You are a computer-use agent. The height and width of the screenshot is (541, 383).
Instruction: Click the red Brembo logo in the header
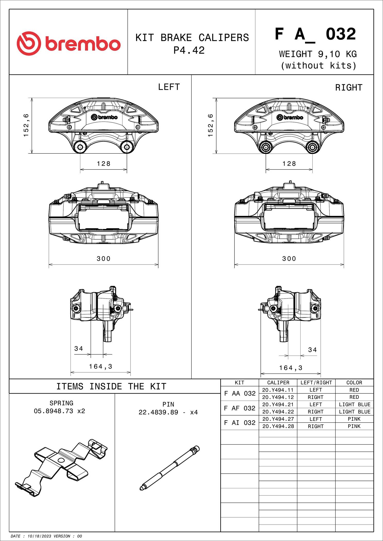coord(68,43)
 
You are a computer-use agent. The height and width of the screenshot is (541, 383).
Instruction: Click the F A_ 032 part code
coord(315,34)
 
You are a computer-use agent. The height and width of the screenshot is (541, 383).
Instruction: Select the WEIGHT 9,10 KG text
coord(318,54)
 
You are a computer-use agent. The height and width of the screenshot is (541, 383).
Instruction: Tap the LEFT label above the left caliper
coord(169,87)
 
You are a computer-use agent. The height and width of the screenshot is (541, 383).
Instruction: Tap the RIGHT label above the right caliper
coord(349,88)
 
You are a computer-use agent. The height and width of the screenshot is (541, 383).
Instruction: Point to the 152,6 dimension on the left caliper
coord(26,125)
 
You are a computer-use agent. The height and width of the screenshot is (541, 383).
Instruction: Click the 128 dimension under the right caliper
coord(289,164)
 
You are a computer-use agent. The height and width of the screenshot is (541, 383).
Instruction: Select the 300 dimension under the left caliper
coord(103,259)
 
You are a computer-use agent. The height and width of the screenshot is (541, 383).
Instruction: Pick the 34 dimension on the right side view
coord(312,350)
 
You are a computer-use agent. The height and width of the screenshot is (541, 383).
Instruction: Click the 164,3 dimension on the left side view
coord(101,367)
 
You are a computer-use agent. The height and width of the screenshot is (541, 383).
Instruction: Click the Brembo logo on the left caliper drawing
coord(104,117)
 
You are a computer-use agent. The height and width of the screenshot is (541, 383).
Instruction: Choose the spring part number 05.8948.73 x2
coord(59,411)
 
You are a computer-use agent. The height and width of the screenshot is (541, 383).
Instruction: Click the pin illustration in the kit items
coord(170,468)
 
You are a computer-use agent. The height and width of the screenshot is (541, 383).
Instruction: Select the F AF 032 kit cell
coord(240,408)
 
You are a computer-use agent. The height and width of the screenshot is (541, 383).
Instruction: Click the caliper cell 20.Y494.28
coord(278,426)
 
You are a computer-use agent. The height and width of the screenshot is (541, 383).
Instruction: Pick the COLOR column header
coord(354,383)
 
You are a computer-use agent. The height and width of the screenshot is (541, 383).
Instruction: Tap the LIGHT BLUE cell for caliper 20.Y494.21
coord(354,404)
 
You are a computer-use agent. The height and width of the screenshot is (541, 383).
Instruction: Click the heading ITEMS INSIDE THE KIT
coord(111,386)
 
